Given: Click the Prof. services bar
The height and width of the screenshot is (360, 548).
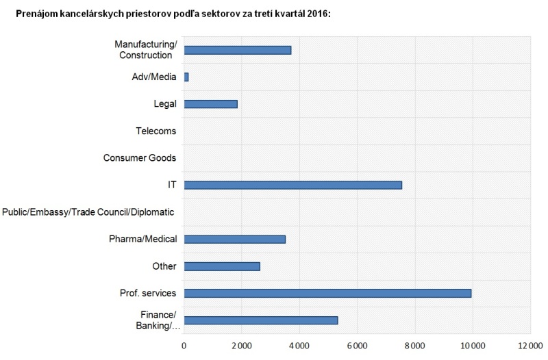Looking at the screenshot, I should [x=327, y=293].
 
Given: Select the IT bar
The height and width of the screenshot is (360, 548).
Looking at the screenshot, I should [x=292, y=185].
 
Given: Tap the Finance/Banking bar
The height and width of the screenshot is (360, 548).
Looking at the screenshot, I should [x=261, y=320].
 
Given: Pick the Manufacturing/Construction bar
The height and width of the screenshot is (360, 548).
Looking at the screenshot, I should [x=238, y=50].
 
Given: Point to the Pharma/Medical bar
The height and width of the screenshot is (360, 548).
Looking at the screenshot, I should [x=234, y=239].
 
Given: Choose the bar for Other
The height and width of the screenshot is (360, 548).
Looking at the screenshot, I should [x=222, y=266].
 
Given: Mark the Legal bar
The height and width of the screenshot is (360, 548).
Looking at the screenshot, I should [x=210, y=104].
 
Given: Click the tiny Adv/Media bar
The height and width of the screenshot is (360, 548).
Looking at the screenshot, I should [x=186, y=77].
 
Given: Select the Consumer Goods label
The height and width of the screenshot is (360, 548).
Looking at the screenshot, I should [x=140, y=158].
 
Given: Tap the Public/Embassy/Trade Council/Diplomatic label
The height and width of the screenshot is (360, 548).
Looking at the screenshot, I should [x=88, y=212].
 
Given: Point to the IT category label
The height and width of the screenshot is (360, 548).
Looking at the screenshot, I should [x=172, y=185].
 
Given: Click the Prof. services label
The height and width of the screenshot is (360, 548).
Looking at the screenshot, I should [x=148, y=293].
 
